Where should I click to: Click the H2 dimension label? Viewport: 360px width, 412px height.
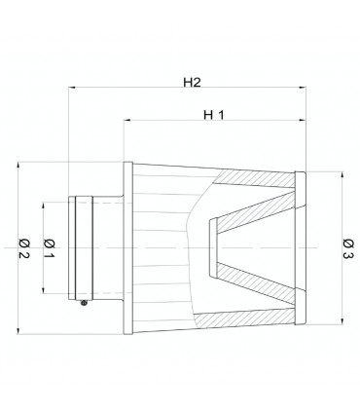tap(192, 83)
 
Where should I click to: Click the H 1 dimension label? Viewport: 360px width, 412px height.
tap(214, 115)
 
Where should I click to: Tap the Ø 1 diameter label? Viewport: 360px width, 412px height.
tap(49, 248)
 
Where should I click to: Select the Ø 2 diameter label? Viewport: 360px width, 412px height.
tap(24, 248)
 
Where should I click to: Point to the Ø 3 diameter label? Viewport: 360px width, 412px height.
tap(347, 248)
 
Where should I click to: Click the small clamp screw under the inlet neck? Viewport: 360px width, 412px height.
tap(84, 303)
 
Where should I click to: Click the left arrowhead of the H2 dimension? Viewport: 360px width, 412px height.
tap(72, 88)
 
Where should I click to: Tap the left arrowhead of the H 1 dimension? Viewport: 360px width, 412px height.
tap(127, 121)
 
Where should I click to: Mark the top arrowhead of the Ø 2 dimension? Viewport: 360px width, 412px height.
tap(18, 166)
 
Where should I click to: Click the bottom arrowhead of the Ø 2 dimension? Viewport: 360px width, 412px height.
tap(18, 330)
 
